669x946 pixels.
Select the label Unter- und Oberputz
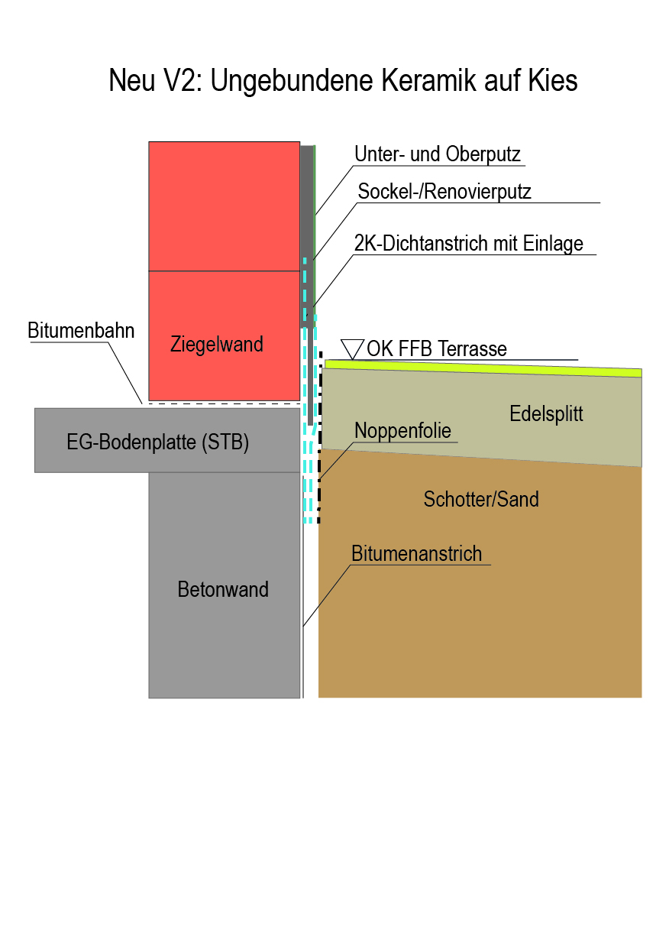click(x=438, y=155)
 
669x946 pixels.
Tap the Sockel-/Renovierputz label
click(x=444, y=192)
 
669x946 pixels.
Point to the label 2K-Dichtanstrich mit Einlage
click(x=469, y=244)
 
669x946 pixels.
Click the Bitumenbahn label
click(x=81, y=331)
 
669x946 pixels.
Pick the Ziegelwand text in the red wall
click(x=216, y=345)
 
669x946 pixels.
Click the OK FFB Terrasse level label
click(x=437, y=350)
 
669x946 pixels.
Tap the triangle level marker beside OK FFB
click(x=352, y=348)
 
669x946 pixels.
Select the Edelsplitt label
click(x=546, y=414)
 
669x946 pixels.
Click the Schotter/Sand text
click(x=481, y=500)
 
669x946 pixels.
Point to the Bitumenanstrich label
click(x=417, y=554)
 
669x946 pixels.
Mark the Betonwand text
click(x=223, y=590)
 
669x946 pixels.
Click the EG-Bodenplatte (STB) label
click(x=158, y=442)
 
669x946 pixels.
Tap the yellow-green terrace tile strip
click(x=481, y=367)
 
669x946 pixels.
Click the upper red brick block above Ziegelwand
click(x=224, y=206)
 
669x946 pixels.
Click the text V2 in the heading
click(x=183, y=81)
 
